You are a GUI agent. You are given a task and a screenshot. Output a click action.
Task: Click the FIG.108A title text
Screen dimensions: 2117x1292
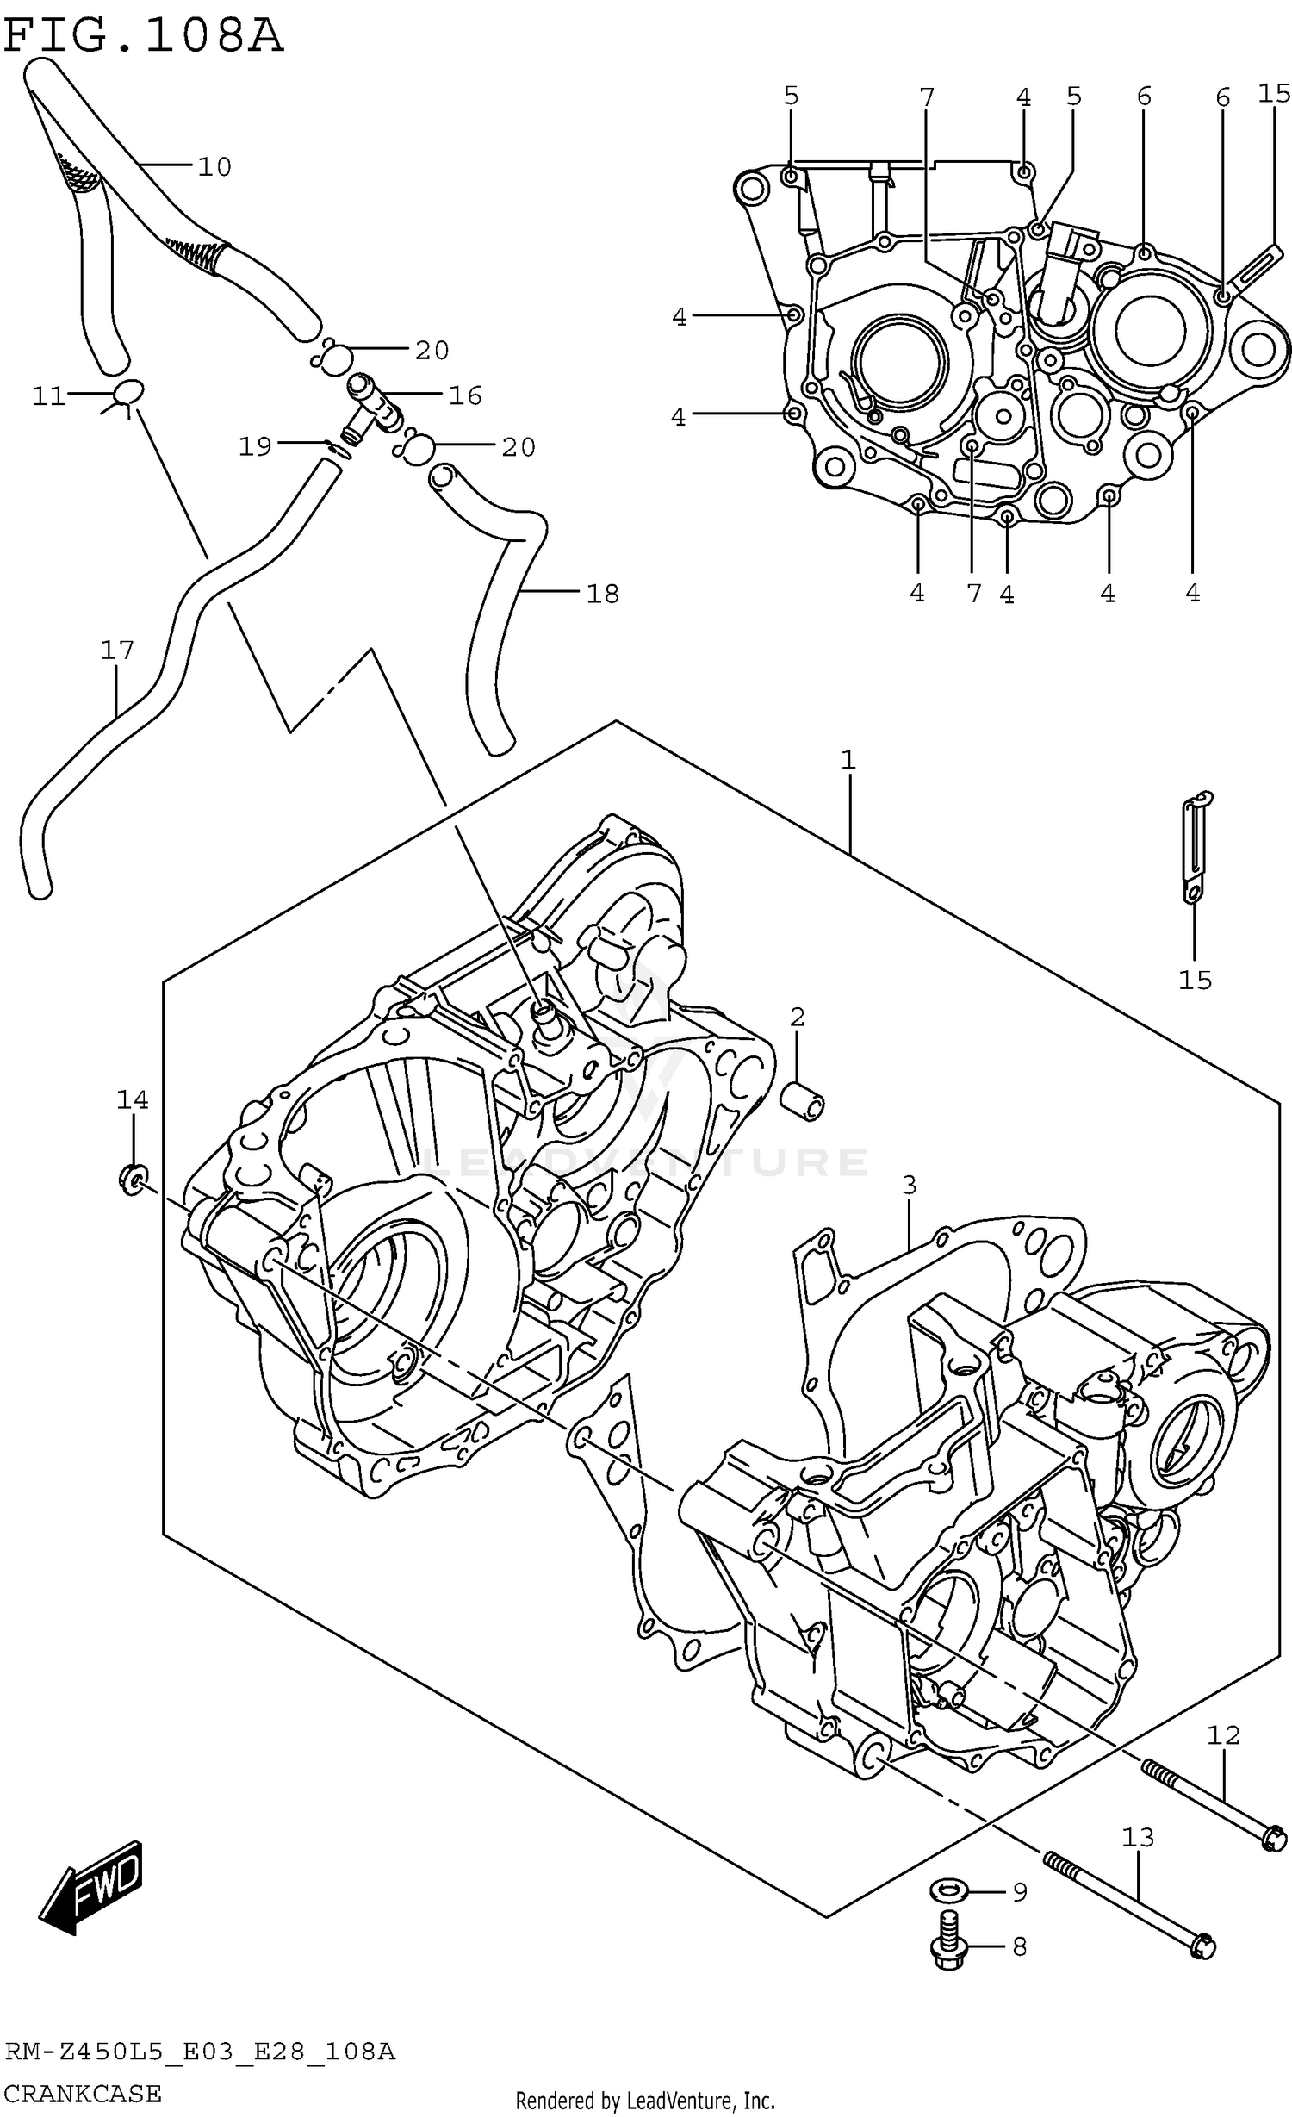143,36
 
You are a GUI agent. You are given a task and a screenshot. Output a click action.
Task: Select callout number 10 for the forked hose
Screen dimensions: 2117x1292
214,166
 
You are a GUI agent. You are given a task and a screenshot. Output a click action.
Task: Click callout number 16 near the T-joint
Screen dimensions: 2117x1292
465,395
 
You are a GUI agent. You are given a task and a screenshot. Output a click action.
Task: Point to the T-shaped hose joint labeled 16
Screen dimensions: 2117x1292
373,405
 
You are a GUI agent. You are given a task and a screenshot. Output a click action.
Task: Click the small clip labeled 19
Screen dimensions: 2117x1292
339,449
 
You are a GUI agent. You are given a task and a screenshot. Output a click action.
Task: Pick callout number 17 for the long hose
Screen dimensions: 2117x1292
117,650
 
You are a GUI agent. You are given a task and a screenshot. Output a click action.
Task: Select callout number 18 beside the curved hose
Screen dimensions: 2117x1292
602,594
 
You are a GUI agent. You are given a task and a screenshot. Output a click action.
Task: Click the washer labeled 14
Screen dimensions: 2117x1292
133,1178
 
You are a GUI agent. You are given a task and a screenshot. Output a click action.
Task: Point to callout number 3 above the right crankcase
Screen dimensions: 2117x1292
910,1186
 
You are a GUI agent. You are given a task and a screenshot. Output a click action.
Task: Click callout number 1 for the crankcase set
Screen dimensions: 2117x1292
848,760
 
